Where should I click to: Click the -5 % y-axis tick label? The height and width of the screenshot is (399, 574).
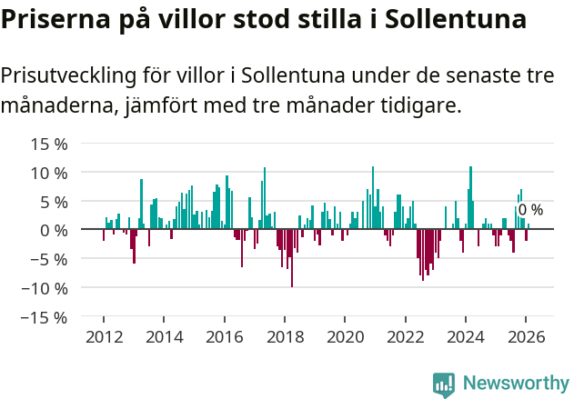click(x=47, y=259)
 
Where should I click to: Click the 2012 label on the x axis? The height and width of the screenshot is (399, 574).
click(x=104, y=337)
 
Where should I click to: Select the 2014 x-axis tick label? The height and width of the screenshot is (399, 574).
click(x=164, y=337)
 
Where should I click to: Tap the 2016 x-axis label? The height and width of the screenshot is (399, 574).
click(x=225, y=337)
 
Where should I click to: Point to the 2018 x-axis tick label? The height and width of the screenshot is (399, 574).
click(x=285, y=337)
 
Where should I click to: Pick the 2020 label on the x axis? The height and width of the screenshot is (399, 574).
click(x=345, y=337)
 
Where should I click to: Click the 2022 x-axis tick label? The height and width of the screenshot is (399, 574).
click(x=406, y=337)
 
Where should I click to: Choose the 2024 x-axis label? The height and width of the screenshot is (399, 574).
click(x=466, y=337)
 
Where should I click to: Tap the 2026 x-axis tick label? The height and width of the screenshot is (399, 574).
click(x=527, y=337)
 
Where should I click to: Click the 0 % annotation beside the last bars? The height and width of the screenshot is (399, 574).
click(x=530, y=210)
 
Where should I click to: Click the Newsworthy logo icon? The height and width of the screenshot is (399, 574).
click(x=444, y=384)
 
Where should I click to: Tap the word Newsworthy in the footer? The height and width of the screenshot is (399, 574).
click(x=515, y=384)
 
